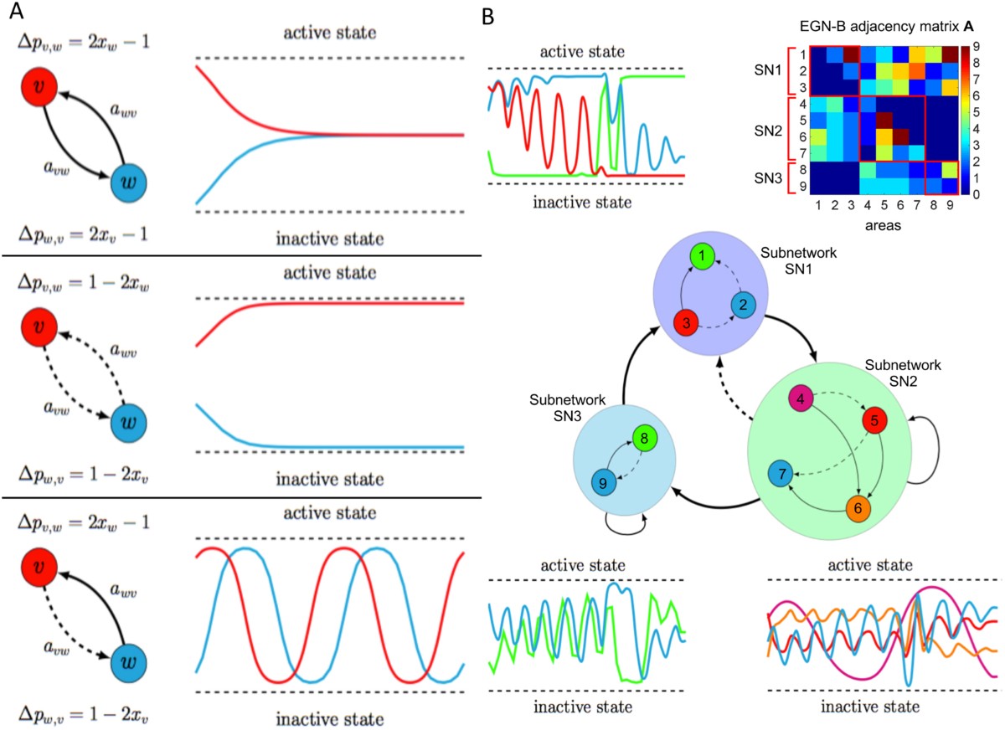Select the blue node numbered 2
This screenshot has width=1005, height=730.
(x=743, y=306)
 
